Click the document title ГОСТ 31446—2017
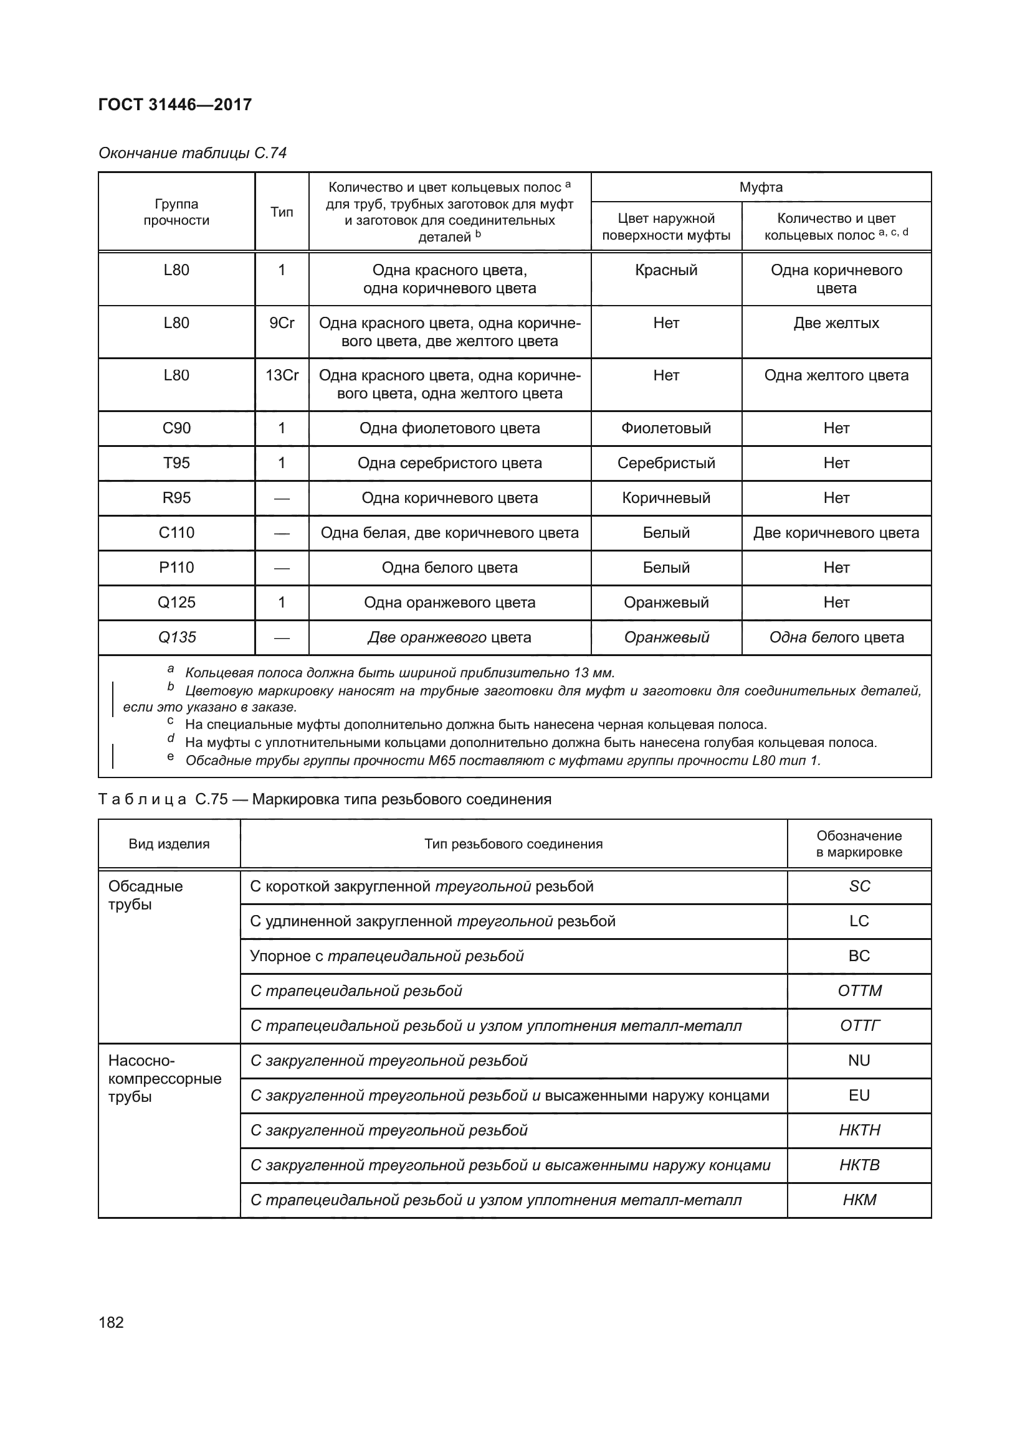175,105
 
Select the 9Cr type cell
282,324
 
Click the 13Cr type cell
282,375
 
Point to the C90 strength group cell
176,428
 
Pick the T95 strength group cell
176,463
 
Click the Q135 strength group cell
176,637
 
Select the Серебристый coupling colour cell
665,463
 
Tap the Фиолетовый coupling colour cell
665,428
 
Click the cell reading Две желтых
836,324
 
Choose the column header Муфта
760,187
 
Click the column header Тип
282,212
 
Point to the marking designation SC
859,886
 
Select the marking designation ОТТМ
859,990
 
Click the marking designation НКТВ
859,1165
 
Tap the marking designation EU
859,1095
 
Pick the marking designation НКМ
859,1200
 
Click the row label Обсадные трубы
145,895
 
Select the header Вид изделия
169,843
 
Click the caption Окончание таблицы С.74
193,153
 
